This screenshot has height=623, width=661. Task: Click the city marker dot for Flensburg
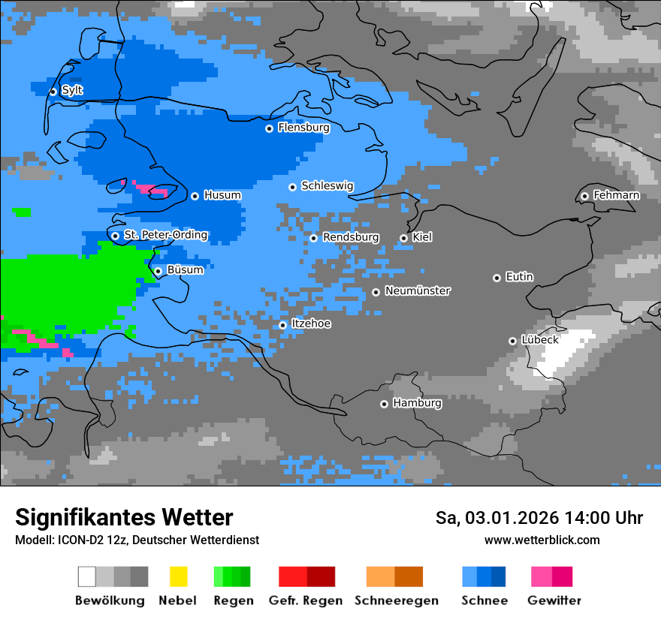[269, 128]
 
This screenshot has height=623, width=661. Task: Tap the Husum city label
[222, 195]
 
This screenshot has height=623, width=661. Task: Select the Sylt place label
[72, 90]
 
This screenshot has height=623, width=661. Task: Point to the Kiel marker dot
[403, 238]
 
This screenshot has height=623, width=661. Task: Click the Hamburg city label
[417, 403]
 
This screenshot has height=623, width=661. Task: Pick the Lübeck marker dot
[512, 341]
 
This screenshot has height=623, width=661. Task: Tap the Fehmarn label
[616, 195]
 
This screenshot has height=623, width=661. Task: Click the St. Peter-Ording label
[165, 235]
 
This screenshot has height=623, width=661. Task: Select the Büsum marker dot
[158, 271]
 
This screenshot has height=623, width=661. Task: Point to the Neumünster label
[418, 290]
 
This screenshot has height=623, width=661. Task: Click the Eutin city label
[519, 277]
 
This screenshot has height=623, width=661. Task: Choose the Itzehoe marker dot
[282, 325]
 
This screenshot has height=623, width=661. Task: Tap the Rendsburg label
[351, 237]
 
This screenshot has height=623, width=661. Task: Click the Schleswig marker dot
[292, 187]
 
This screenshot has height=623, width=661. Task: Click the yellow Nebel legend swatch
[178, 576]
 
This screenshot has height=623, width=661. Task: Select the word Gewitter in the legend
[554, 600]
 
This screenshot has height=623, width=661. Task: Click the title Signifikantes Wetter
[124, 517]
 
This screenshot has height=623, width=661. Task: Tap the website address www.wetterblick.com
[542, 540]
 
